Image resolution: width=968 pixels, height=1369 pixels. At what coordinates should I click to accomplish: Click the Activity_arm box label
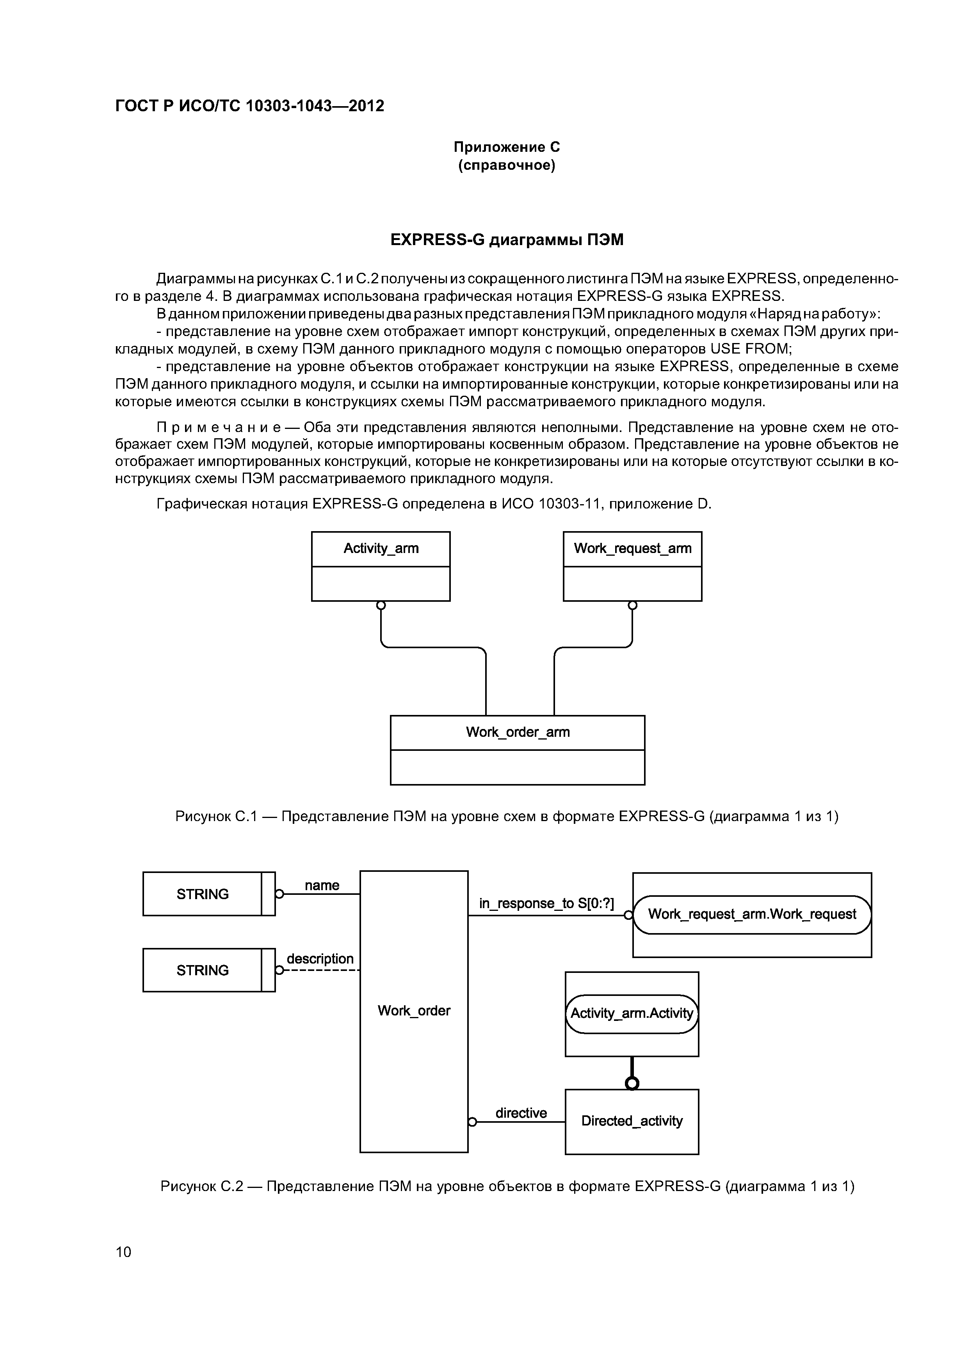click(x=381, y=549)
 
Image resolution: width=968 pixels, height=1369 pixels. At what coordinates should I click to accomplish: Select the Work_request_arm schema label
click(x=632, y=549)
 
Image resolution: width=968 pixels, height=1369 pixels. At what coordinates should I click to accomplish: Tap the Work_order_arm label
click(x=518, y=732)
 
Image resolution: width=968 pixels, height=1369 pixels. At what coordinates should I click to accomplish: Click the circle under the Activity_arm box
click(x=381, y=606)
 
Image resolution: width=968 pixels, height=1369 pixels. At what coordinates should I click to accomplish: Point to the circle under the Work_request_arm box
click(x=632, y=606)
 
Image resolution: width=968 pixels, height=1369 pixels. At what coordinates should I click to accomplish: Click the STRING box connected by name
click(x=203, y=894)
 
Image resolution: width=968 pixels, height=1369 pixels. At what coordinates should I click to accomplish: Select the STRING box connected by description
click(x=203, y=970)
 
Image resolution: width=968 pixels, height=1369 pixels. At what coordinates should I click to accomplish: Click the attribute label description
click(x=320, y=959)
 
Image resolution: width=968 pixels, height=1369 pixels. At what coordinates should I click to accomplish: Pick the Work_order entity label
click(x=414, y=1011)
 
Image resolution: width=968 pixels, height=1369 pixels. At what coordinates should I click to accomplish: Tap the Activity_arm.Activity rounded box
click(x=632, y=1013)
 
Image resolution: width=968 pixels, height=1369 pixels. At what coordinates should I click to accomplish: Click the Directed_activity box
click(x=632, y=1121)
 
